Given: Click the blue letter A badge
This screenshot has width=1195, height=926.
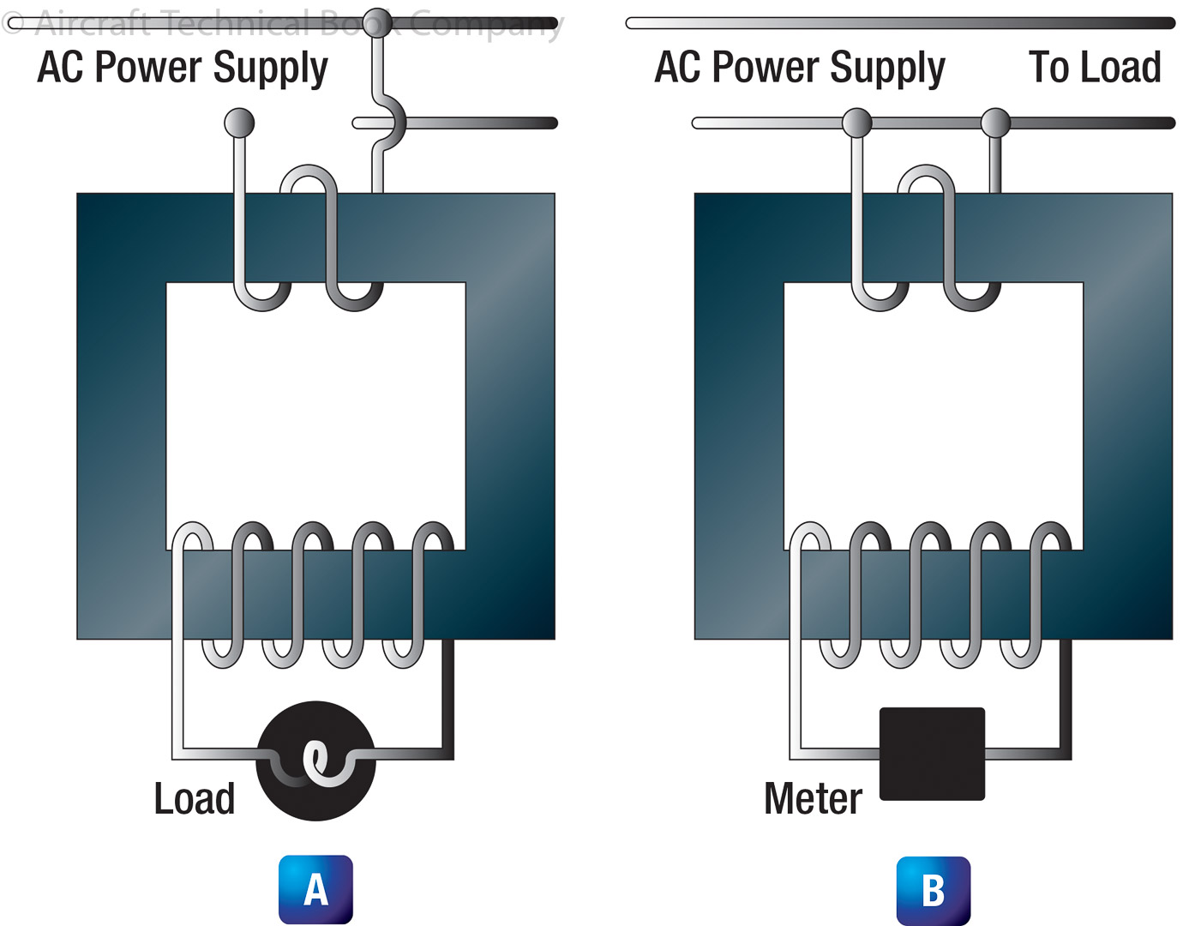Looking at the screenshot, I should coord(315,889).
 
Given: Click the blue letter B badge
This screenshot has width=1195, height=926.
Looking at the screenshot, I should coord(933,890).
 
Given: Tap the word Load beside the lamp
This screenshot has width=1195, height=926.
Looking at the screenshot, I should coord(195,799).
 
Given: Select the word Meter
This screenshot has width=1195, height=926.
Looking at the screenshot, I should coord(813,799).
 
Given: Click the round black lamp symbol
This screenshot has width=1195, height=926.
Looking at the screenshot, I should coord(315,761).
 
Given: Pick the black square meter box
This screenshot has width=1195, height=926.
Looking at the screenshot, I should coord(932,754).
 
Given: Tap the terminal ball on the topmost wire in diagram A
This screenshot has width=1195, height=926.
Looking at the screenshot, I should coord(377,23).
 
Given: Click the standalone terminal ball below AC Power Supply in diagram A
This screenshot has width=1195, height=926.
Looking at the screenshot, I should coord(239,123).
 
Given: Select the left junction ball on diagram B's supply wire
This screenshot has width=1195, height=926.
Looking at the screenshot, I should coord(856,123).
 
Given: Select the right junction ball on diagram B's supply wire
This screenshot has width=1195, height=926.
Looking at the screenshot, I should coord(995,123).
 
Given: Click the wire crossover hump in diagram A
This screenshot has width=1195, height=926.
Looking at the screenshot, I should coord(393,123).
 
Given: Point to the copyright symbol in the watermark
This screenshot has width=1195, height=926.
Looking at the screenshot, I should coord(13,23).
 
